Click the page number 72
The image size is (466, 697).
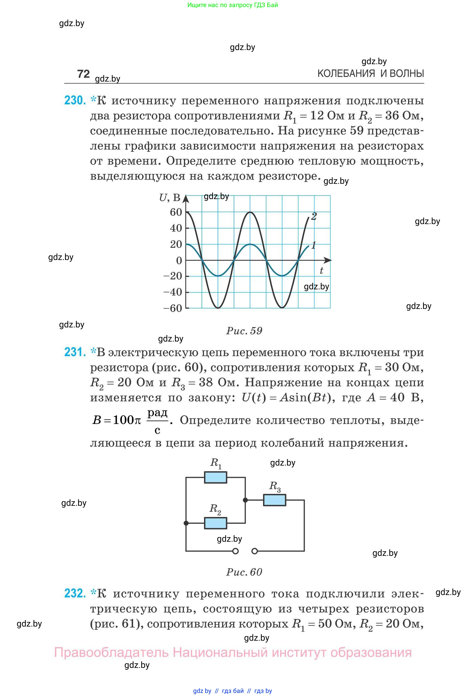(83, 74)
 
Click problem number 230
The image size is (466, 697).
(75, 100)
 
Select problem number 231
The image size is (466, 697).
(75, 352)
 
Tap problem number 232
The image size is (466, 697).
(75, 593)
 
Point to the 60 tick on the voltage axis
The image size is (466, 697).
(176, 212)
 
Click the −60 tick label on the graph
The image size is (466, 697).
(173, 308)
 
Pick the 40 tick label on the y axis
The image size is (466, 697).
(176, 228)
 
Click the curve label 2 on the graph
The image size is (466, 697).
(314, 216)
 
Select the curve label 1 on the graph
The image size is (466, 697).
(313, 245)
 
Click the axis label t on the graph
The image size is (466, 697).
(321, 271)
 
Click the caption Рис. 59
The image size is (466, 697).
(244, 331)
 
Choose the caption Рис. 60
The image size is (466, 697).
(244, 572)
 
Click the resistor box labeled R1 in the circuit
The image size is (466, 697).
(215, 478)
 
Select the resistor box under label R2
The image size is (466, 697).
(215, 523)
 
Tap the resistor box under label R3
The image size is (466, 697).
(274, 500)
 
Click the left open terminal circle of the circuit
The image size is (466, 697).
(235, 552)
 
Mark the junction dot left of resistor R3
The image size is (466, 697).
(245, 500)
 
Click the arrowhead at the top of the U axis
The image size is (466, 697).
(186, 199)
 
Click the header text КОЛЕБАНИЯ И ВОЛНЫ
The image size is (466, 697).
(371, 73)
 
